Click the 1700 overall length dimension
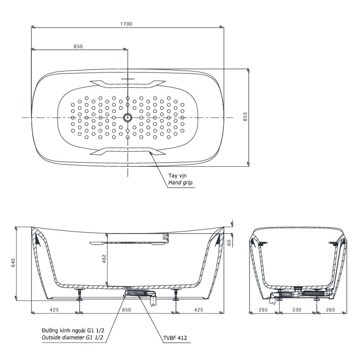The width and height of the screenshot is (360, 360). pos(126,24)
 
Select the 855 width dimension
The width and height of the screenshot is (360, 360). pos(245,117)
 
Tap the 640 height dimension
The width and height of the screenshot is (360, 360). pos(13,263)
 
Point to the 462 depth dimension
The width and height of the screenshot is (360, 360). pos(104,258)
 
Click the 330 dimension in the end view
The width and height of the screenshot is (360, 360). pos(297,310)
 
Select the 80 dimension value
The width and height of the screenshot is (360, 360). pos(164,237)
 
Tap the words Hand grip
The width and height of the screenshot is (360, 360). pos(180,183)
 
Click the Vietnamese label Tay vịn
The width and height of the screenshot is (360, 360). pos(177,176)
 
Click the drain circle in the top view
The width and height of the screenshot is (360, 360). pos(127,118)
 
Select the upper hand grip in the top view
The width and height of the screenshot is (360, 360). pos(128,84)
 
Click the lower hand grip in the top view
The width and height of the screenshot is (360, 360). pos(128,151)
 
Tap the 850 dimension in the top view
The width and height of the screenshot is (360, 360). pos(78,46)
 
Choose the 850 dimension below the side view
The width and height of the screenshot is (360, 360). pos(126,310)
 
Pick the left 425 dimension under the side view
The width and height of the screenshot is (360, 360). pos(54,310)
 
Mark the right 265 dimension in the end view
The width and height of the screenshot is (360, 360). pos(330,310)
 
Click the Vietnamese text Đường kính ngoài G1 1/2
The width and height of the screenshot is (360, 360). pos(73,330)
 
